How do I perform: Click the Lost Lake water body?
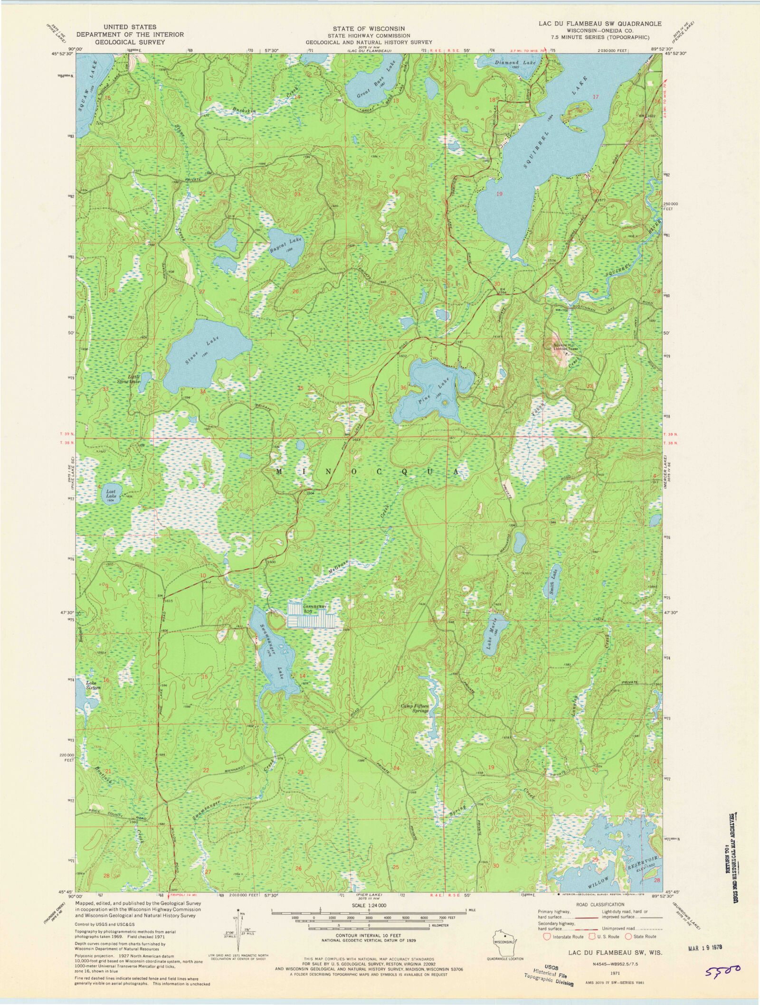point(111,495)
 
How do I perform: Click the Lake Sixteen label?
point(93,685)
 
